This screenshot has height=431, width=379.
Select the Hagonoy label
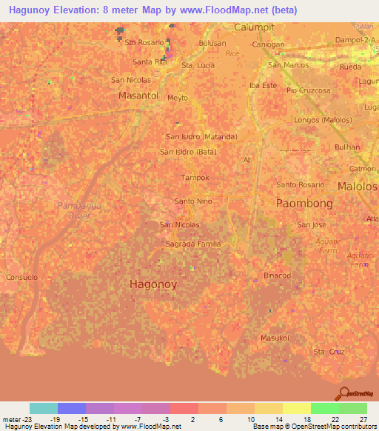click(153, 284)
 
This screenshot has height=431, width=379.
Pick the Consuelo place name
click(22, 277)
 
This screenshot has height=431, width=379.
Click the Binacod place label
click(278, 275)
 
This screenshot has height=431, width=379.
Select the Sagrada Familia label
click(193, 244)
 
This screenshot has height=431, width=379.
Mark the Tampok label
click(195, 178)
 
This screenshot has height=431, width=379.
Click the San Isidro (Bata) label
click(189, 152)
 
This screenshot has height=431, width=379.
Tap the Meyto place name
click(178, 98)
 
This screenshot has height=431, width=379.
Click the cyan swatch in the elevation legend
click(44, 408)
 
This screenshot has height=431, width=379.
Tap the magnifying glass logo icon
click(344, 393)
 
